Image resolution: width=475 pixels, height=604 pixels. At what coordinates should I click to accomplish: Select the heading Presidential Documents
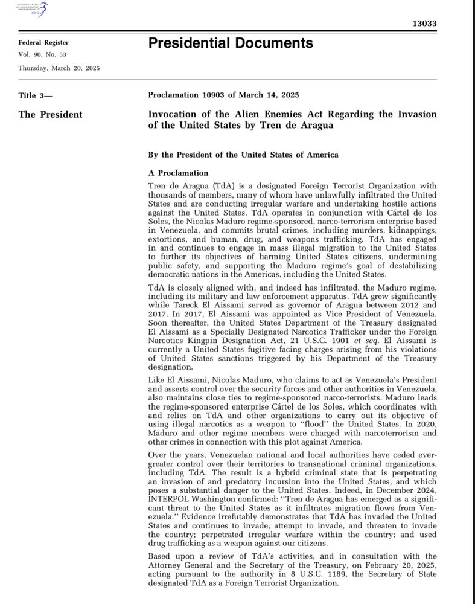click(x=231, y=43)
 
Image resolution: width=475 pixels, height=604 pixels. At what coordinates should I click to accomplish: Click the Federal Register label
click(x=43, y=43)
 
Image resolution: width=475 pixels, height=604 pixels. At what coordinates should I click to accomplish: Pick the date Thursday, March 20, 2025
click(x=59, y=68)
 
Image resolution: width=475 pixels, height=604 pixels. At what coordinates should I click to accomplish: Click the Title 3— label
click(x=36, y=95)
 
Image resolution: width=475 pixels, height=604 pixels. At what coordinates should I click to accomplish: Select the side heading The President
click(x=51, y=114)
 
